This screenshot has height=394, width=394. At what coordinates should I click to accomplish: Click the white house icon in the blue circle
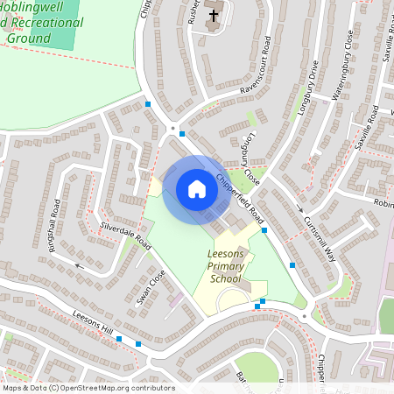(197, 189)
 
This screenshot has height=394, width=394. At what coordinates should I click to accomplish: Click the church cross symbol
(213, 16)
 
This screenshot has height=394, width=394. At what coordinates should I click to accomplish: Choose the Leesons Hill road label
(93, 322)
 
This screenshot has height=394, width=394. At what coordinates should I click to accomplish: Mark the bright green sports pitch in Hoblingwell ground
(61, 22)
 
